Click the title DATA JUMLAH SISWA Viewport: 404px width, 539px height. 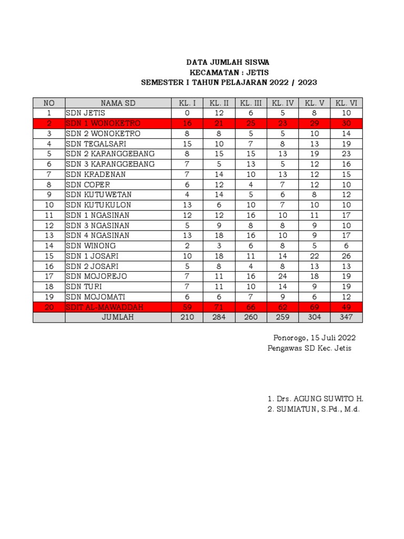pyautogui.click(x=229, y=63)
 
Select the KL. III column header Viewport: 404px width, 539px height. pyautogui.click(x=251, y=103)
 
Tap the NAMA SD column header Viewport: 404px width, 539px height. pyautogui.click(x=118, y=103)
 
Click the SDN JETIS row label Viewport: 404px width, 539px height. pyautogui.click(x=85, y=113)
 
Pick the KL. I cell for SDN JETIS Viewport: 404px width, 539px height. pyautogui.click(x=187, y=113)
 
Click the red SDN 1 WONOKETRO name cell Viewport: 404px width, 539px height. pyautogui.click(x=103, y=123)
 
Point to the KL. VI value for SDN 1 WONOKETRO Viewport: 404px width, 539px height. pyautogui.click(x=346, y=123)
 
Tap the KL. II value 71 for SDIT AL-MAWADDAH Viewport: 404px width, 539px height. pyautogui.click(x=219, y=307)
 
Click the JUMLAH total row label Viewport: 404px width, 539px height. pyautogui.click(x=118, y=317)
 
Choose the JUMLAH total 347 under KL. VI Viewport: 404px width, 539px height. pyautogui.click(x=346, y=317)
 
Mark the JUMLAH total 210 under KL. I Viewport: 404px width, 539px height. pyautogui.click(x=187, y=317)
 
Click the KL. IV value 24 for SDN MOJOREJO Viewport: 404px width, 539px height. pyautogui.click(x=282, y=276)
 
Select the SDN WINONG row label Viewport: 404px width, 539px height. pyautogui.click(x=90, y=246)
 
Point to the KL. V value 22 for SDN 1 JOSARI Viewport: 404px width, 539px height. pyautogui.click(x=314, y=256)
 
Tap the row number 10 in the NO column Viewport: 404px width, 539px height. pyautogui.click(x=49, y=205)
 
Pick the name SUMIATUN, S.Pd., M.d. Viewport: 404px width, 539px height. pyautogui.click(x=314, y=410)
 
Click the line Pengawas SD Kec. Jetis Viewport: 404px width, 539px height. pyautogui.click(x=309, y=348)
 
